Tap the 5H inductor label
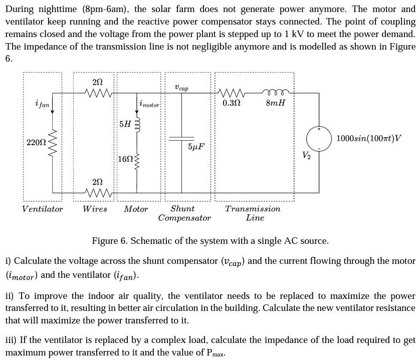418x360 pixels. (123, 123)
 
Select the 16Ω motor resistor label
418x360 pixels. (124, 159)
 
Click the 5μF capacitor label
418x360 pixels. (195, 147)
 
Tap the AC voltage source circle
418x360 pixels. (317, 138)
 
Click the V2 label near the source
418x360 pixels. (306, 155)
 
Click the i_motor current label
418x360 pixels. (149, 105)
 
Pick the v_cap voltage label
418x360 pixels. (182, 88)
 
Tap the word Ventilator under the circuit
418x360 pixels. (43, 209)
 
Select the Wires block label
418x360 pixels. (95, 209)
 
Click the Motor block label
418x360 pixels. (136, 209)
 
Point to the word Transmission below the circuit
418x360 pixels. (253, 209)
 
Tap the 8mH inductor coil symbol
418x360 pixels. (275, 92)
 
